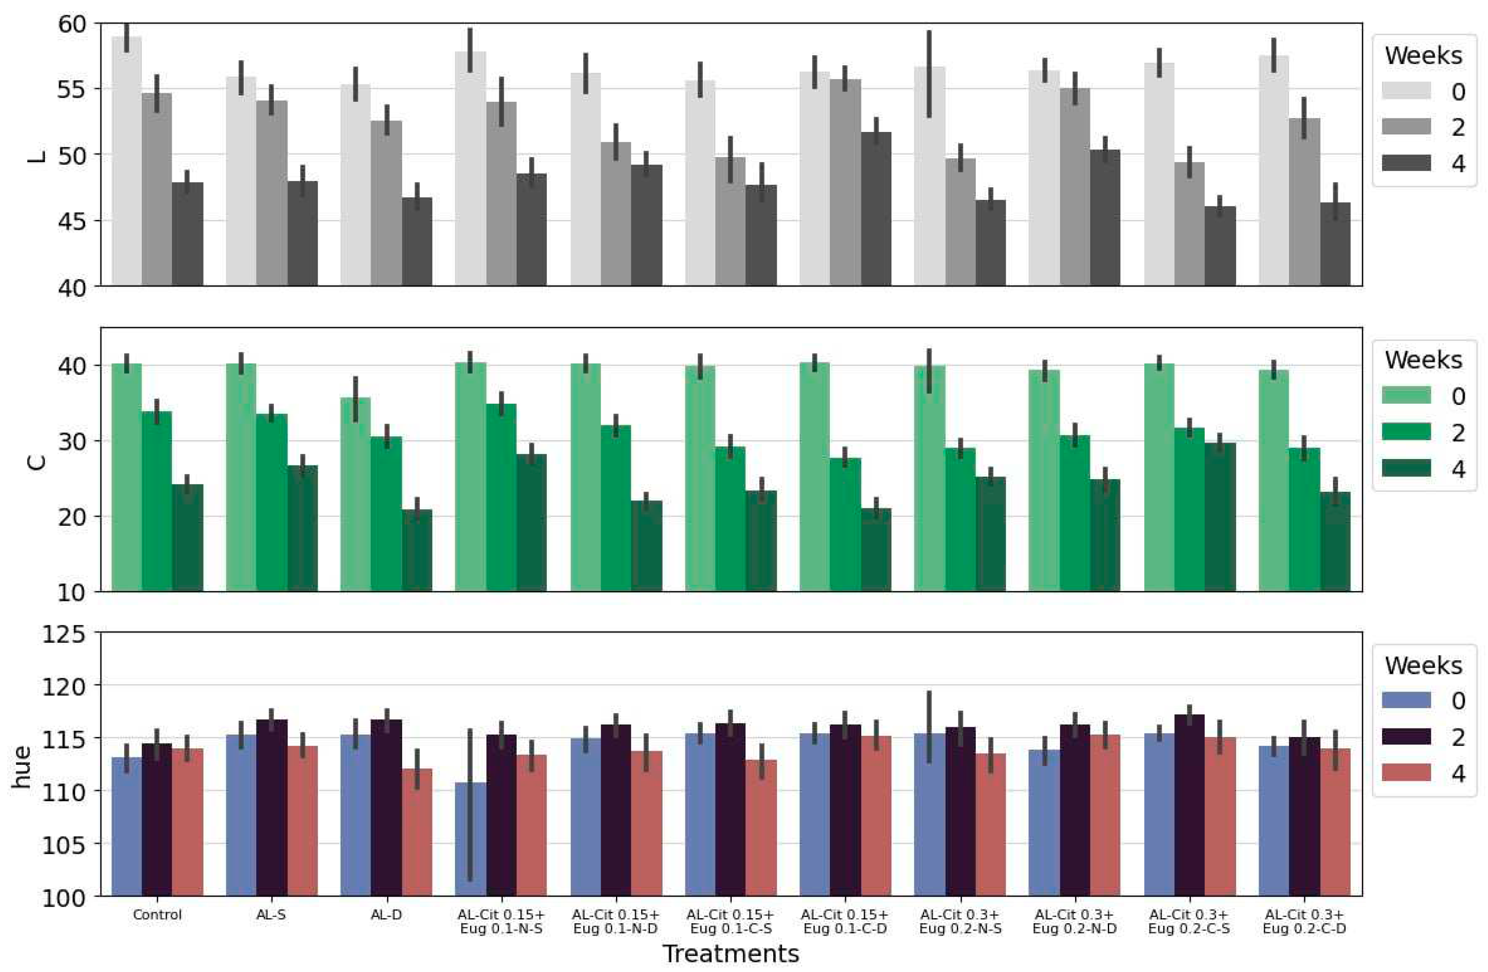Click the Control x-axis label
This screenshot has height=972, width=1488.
coord(157,915)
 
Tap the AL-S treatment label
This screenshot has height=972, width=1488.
coord(271,915)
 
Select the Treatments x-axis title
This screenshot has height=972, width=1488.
coord(730,954)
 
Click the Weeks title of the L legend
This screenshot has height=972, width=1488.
coord(1423,56)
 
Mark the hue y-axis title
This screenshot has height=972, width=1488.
coord(22,766)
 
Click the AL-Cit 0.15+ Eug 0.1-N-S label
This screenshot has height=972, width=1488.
coord(501,922)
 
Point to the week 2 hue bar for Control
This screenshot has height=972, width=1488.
coord(157,819)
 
